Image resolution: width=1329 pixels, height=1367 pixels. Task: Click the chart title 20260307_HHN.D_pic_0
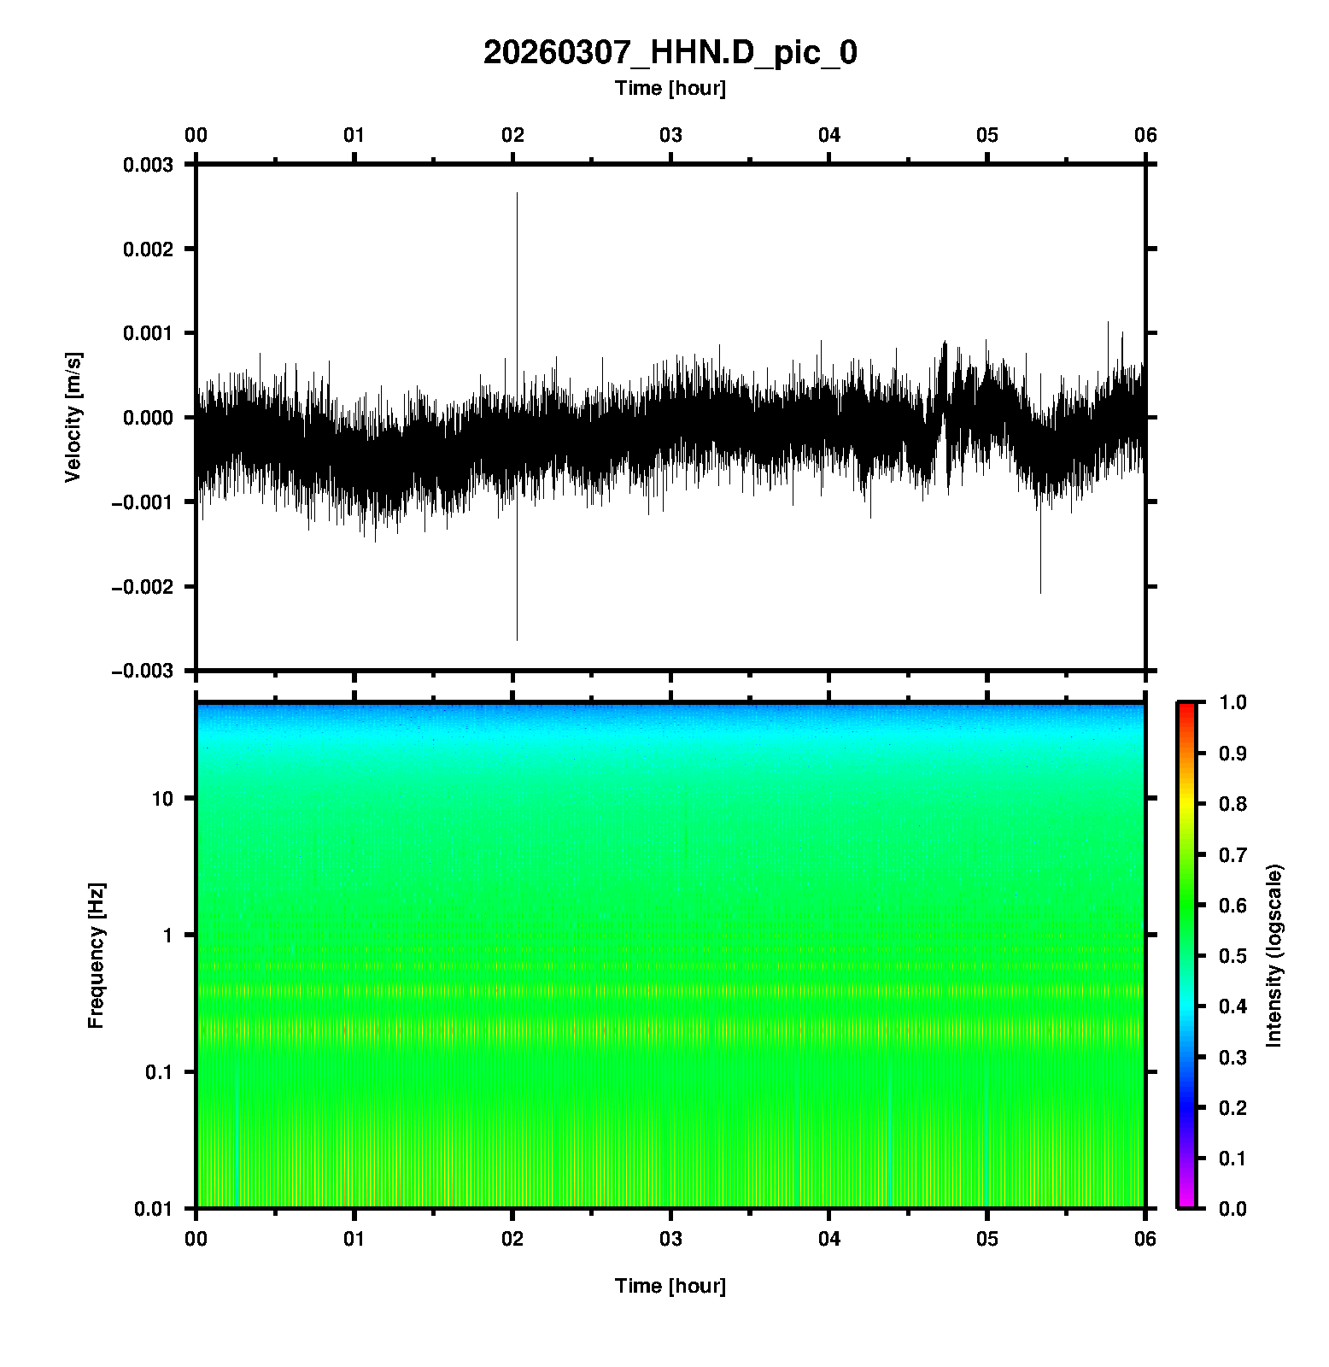point(670,53)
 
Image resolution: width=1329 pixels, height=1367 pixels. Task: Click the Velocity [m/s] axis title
point(73,417)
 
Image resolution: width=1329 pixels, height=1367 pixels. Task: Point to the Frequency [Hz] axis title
point(96,955)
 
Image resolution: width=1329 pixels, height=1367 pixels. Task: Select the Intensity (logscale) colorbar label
point(1274,955)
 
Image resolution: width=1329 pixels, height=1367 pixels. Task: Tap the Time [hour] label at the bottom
point(670,1286)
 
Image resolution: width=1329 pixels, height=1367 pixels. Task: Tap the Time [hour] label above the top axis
point(670,88)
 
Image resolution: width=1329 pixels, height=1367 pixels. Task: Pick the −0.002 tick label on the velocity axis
point(142,586)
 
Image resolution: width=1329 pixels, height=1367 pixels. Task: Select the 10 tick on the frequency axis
point(162,799)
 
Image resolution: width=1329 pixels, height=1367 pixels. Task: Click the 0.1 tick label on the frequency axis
point(159,1072)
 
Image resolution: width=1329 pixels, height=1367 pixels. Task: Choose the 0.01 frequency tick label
point(155,1208)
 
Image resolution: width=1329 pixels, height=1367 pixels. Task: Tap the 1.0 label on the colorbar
point(1232,702)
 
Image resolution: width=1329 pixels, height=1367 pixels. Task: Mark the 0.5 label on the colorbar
point(1232,955)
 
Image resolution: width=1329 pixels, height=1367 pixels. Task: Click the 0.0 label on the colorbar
point(1232,1208)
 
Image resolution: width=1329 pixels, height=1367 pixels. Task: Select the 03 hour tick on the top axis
point(670,135)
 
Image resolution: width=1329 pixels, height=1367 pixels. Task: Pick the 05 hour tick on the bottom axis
point(987,1239)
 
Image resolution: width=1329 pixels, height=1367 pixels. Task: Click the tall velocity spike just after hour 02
point(517,256)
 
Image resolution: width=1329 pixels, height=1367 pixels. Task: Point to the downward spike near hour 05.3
point(1040,564)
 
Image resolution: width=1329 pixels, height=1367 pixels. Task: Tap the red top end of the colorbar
point(1186,707)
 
